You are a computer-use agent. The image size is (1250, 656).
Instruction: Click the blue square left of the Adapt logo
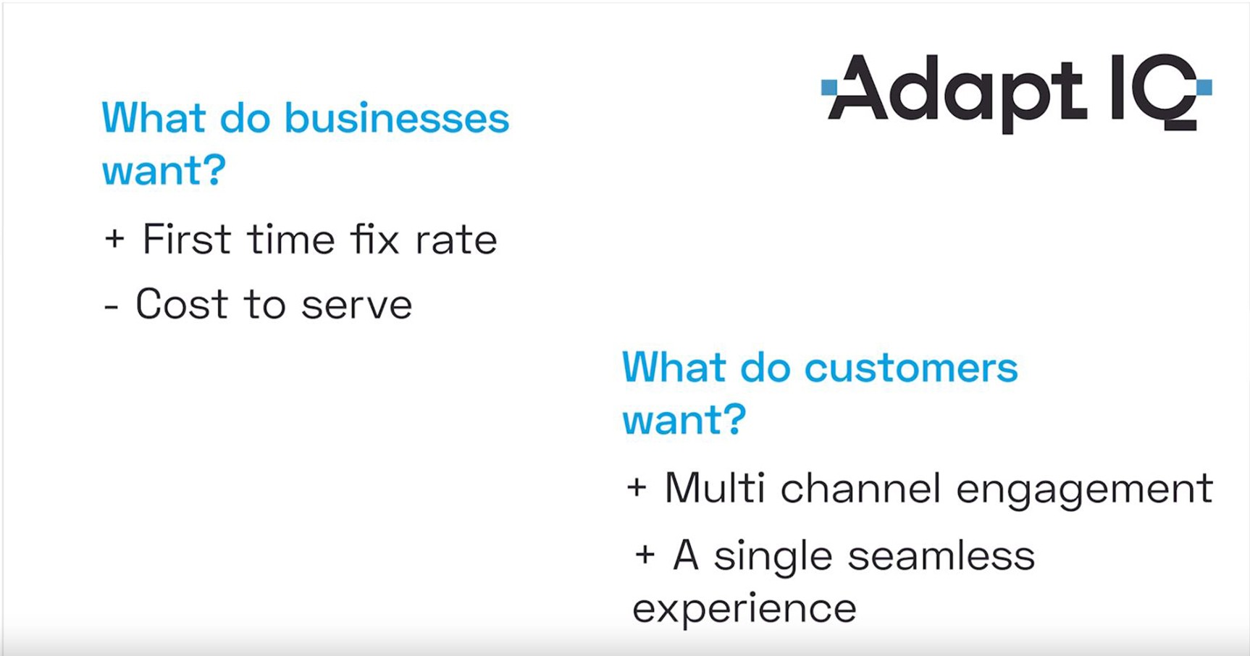829,88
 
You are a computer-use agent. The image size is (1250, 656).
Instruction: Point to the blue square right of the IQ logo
1204,88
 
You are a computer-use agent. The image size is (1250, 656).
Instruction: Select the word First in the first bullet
187,239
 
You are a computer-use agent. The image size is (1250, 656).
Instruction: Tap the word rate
456,240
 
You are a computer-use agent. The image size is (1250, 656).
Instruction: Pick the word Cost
182,304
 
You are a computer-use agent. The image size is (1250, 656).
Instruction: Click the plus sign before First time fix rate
114,239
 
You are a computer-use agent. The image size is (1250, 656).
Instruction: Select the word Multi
714,487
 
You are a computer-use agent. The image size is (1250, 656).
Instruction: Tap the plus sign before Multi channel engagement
637,487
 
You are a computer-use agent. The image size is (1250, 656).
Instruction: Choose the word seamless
941,555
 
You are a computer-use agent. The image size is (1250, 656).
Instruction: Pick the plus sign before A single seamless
645,555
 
